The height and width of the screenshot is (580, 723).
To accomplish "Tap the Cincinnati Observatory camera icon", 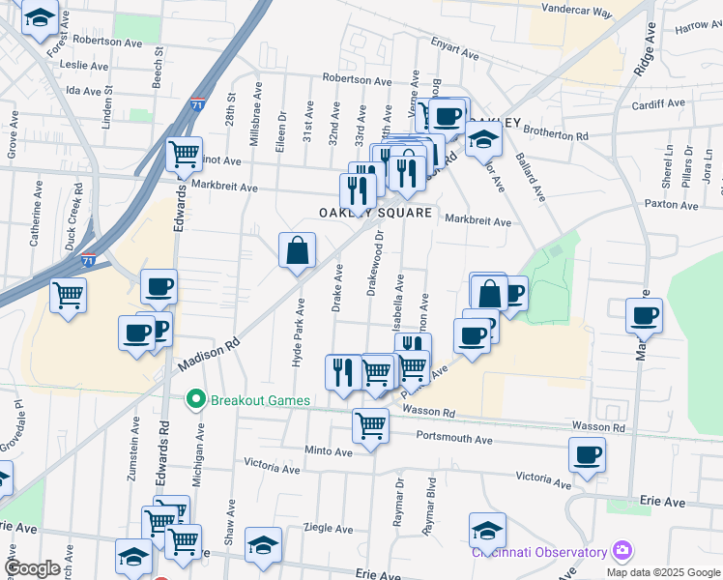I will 622,552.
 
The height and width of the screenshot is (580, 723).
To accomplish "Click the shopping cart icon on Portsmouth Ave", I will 370,425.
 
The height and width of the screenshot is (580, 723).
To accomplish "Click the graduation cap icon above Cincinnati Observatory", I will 487,530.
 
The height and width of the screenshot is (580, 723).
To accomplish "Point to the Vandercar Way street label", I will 577,13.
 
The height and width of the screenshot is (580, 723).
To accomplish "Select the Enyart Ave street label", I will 454,44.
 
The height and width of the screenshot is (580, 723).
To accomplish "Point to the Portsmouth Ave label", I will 454,439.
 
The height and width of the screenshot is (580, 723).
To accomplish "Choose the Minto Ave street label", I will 329,451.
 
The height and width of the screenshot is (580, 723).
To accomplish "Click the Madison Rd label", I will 208,357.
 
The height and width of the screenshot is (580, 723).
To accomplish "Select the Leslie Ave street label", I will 84,66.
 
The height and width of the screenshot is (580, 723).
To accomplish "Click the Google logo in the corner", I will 32,568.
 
